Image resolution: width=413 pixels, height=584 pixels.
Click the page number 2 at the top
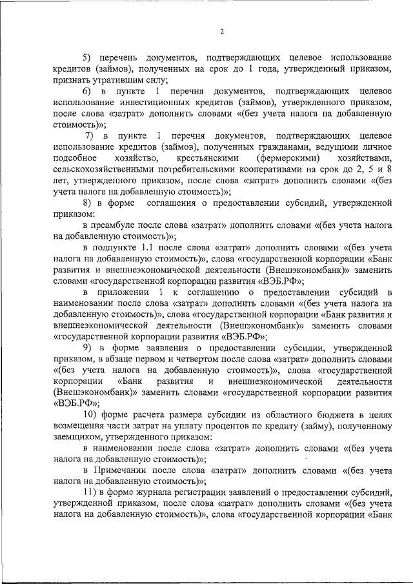point(221,32)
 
